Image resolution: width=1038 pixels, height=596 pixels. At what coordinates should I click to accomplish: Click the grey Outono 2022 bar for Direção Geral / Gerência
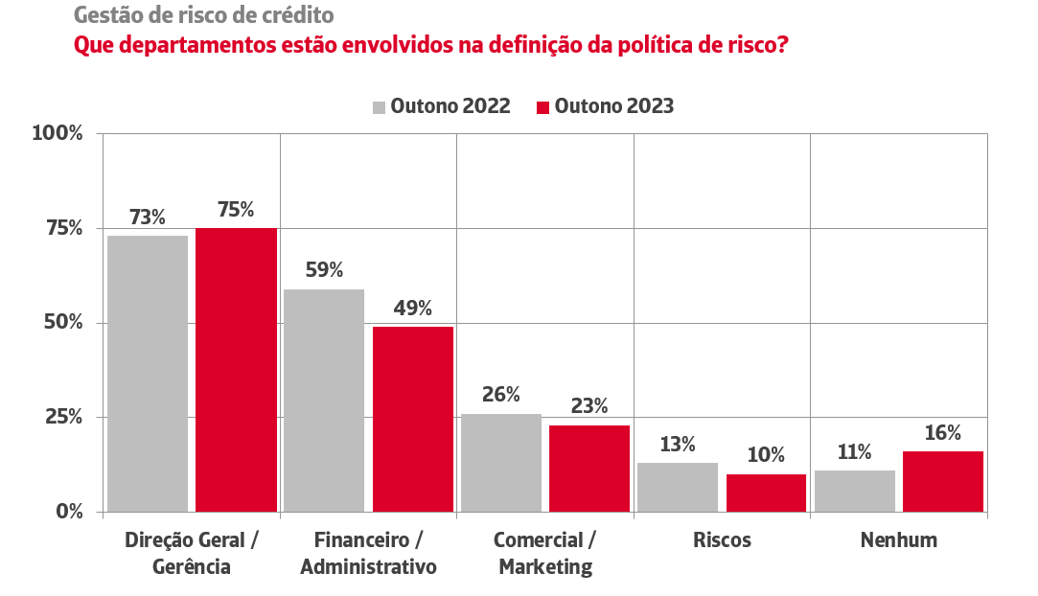(x=148, y=374)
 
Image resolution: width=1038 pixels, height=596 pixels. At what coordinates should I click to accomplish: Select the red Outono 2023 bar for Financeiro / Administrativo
(x=413, y=419)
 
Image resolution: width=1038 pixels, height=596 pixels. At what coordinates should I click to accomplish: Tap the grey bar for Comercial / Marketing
(x=501, y=463)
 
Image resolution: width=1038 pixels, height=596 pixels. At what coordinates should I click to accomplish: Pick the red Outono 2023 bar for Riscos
(x=766, y=493)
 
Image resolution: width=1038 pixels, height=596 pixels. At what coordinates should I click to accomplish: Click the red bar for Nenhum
(x=943, y=481)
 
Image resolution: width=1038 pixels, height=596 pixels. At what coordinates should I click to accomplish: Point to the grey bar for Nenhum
(x=855, y=491)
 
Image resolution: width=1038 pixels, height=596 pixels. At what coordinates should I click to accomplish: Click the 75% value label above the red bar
(x=236, y=210)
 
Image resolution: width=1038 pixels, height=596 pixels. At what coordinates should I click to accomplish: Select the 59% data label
(x=324, y=270)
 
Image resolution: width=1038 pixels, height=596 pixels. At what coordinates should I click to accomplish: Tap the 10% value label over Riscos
(x=766, y=455)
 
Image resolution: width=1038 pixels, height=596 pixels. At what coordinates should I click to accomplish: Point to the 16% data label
(x=943, y=433)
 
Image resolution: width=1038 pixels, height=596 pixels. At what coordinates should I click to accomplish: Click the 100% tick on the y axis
(x=58, y=133)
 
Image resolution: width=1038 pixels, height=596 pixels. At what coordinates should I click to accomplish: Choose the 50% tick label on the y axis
(x=63, y=323)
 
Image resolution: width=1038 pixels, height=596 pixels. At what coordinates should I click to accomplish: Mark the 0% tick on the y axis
(x=70, y=512)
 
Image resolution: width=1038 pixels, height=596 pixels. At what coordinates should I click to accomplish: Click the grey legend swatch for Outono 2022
(x=379, y=106)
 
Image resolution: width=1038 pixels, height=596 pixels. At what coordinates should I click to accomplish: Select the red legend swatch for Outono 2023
(x=542, y=106)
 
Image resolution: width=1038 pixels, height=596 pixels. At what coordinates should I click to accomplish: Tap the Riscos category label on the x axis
(x=723, y=539)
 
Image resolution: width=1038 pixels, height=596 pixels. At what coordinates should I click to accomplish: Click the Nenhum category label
(x=899, y=539)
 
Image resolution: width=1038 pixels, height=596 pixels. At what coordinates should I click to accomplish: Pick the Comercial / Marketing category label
(x=545, y=553)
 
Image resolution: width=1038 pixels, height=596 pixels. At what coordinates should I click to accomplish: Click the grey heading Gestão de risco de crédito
(x=205, y=16)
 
